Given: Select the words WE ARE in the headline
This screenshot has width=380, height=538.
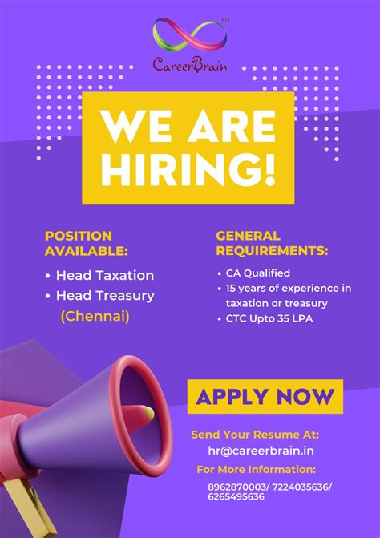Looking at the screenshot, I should [x=189, y=127].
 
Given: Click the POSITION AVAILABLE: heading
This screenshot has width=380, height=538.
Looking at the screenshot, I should [x=86, y=243].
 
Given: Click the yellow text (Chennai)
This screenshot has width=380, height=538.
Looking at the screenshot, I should [x=95, y=317].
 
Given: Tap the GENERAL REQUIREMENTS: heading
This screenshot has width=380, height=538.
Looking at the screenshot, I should [x=272, y=243].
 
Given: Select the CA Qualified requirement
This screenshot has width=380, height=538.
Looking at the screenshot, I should [x=257, y=273].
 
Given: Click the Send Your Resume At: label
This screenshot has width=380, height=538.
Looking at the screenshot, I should [x=254, y=435].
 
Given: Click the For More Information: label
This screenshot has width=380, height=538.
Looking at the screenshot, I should [x=256, y=469].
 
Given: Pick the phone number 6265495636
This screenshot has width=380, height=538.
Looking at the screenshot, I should [x=236, y=497].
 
